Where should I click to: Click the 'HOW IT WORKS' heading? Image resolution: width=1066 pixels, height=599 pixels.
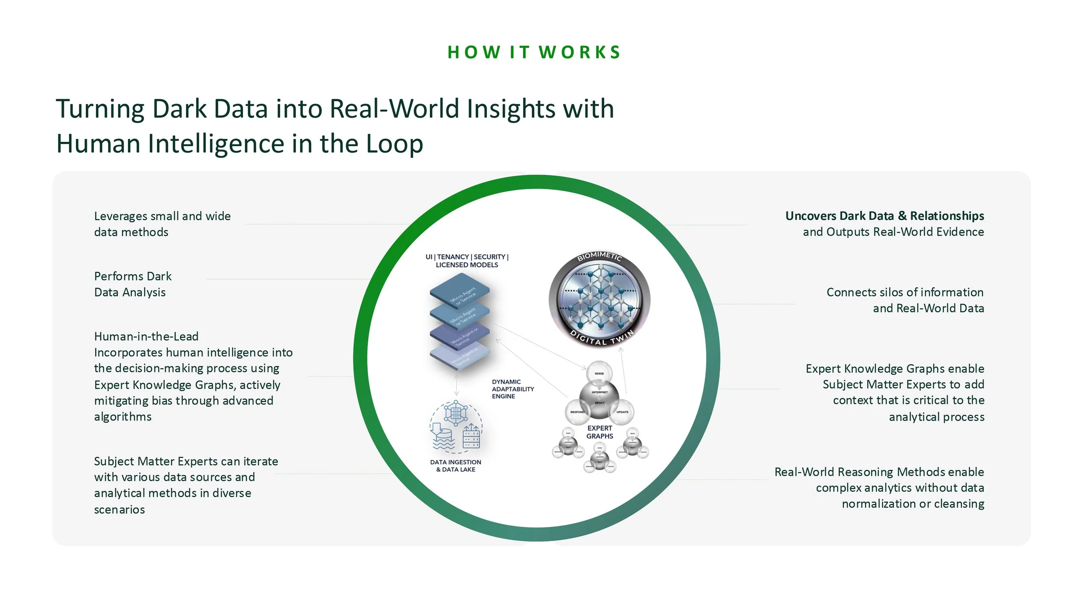(x=534, y=52)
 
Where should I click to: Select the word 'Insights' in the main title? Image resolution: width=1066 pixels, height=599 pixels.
(x=511, y=109)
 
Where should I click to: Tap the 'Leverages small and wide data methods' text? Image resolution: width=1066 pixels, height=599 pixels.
(x=162, y=224)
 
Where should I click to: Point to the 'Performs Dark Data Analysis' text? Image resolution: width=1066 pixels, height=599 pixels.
(x=133, y=284)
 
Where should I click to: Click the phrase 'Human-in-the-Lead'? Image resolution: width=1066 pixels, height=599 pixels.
(x=146, y=337)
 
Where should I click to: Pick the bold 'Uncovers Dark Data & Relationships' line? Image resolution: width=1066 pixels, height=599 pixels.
(x=884, y=216)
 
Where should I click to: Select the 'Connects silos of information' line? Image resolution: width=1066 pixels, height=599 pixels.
(x=905, y=292)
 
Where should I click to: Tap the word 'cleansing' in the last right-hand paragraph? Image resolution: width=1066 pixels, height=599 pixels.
(x=959, y=504)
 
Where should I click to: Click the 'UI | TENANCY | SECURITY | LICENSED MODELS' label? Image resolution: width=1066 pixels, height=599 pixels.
(x=467, y=261)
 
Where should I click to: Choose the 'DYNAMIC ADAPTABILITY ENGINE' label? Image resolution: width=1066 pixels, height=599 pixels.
(x=513, y=389)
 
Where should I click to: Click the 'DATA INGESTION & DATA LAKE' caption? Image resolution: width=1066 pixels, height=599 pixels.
(x=455, y=466)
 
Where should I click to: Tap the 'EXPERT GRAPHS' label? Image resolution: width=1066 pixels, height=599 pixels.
(x=600, y=432)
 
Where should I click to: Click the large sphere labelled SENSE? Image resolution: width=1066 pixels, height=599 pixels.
(x=599, y=373)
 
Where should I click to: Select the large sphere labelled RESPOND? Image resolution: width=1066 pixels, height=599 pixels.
(x=577, y=412)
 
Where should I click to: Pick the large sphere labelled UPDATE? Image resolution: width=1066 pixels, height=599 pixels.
(x=622, y=412)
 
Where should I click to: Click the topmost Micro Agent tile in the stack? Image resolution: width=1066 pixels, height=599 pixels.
(x=460, y=290)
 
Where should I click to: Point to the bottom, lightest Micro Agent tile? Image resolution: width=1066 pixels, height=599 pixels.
(x=460, y=357)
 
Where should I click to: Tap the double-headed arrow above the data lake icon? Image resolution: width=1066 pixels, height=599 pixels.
(x=456, y=385)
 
